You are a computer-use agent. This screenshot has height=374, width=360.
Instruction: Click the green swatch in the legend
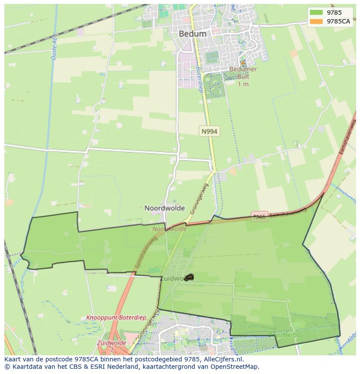[316, 13]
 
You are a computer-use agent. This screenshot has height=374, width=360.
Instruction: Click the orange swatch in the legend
[316, 21]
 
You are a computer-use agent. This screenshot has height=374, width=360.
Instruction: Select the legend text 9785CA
[338, 21]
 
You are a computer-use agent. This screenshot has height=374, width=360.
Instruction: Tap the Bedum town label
[193, 33]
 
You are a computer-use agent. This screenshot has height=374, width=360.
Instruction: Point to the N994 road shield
[209, 131]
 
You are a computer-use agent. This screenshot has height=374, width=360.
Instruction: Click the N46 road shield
[259, 217]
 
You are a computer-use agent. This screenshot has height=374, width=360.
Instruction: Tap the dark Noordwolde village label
[165, 208]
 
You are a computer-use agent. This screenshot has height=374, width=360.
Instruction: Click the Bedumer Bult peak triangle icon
[243, 63]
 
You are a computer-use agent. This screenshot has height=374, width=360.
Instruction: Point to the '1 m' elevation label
[243, 84]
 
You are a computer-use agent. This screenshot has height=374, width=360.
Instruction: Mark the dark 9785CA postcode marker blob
[189, 277]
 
